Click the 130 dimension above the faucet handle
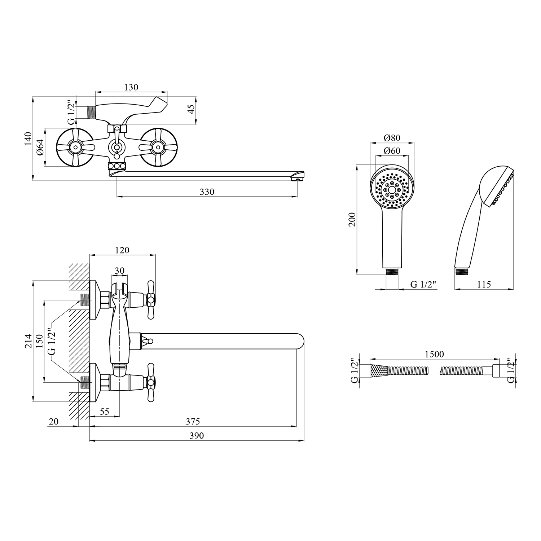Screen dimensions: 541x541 131,87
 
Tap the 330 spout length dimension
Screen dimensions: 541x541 207,192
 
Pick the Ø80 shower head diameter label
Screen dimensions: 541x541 392,138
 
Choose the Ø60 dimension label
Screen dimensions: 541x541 392,151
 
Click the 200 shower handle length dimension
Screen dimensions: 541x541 353,219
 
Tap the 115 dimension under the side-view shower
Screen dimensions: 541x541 484,285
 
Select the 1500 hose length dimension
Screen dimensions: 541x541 434,354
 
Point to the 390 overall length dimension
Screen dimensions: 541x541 197,436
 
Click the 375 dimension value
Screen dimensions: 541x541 193,421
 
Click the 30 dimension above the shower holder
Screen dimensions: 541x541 119,270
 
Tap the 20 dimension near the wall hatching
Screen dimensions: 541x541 53,421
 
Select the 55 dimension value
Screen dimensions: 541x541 104,412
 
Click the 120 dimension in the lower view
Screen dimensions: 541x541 122,250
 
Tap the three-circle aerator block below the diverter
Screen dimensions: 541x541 117,166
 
